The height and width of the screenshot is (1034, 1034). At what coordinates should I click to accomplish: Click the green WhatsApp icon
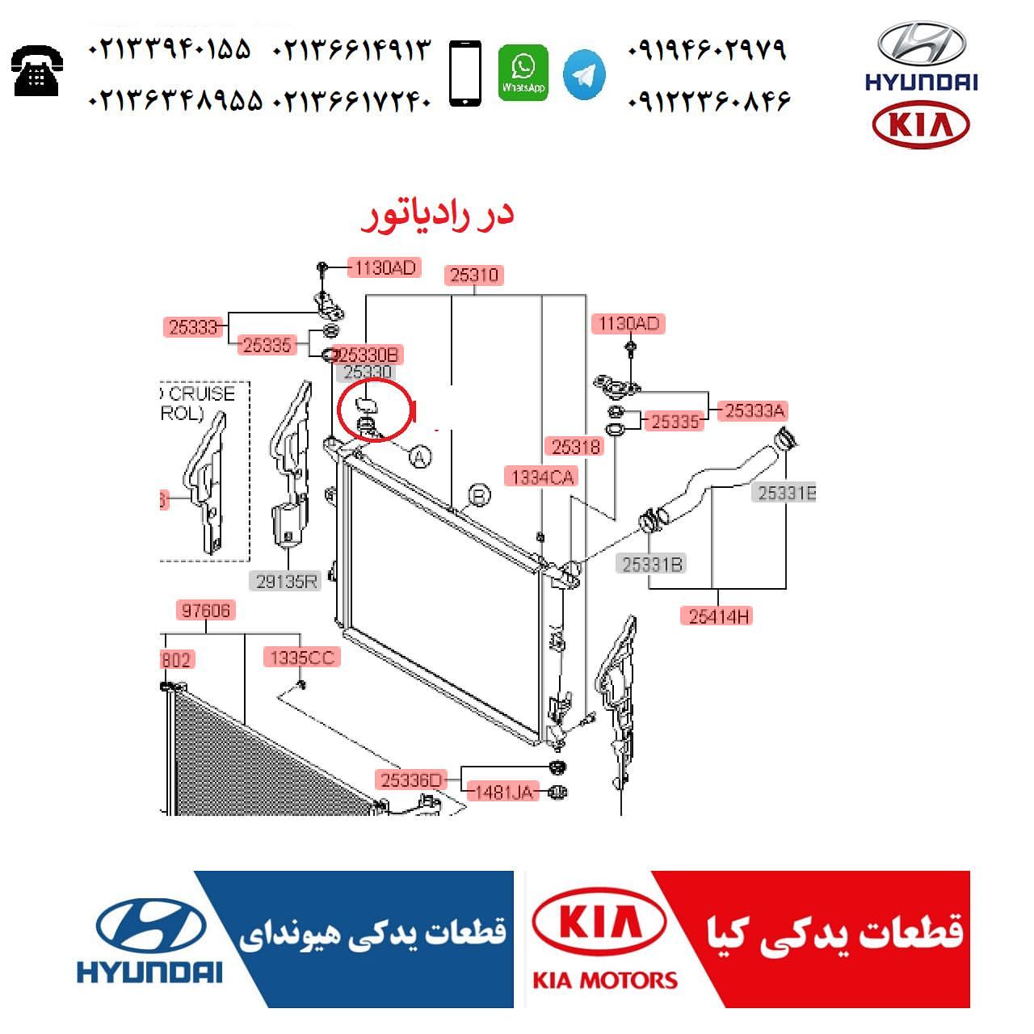[523, 73]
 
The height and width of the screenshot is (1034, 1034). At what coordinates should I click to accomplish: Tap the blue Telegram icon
[584, 74]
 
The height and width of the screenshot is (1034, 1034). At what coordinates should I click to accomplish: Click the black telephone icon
[37, 70]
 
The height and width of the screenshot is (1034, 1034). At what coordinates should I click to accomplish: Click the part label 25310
[474, 275]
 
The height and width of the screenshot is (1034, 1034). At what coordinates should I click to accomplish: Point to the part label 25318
[575, 446]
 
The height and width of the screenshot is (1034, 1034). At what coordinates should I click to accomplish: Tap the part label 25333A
[754, 410]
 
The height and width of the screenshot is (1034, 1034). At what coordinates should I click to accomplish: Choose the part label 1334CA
[541, 477]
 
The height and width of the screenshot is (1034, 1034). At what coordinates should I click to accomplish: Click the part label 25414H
[719, 616]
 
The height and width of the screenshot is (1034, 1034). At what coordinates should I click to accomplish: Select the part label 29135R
[287, 580]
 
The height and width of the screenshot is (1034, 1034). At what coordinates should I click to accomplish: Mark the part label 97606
[206, 610]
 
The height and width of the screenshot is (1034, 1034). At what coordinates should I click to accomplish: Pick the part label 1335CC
[301, 658]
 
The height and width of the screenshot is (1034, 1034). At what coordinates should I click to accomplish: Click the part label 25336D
[410, 780]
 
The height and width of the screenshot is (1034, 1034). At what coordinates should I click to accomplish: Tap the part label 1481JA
[502, 792]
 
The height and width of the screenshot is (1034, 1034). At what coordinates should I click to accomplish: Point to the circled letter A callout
[418, 457]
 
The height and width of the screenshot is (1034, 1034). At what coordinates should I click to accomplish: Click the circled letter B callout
[480, 495]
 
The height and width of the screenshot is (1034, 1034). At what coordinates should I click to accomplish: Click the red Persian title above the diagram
[437, 214]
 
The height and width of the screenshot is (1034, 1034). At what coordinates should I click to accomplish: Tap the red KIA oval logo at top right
[921, 125]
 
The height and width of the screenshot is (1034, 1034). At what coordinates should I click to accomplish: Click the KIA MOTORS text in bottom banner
[604, 980]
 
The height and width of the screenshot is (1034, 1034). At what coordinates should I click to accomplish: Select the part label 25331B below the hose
[651, 564]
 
